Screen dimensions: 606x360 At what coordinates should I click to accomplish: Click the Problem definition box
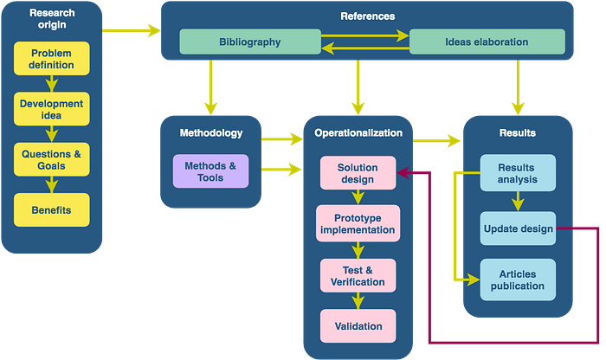pyautogui.click(x=52, y=58)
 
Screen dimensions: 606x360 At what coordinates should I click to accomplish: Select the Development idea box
pyautogui.click(x=52, y=109)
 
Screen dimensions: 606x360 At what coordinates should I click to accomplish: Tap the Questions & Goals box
pyautogui.click(x=52, y=159)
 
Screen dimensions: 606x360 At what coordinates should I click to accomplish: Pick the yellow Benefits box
pyautogui.click(x=52, y=210)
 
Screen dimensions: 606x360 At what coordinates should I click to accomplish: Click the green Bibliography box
pyautogui.click(x=250, y=42)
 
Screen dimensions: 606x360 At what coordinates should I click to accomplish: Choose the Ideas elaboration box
pyautogui.click(x=487, y=42)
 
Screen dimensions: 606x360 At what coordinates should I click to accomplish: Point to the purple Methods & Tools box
pyautogui.click(x=210, y=171)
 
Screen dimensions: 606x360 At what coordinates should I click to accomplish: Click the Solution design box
pyautogui.click(x=358, y=173)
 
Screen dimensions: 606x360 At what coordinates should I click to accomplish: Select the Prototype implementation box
pyautogui.click(x=358, y=223)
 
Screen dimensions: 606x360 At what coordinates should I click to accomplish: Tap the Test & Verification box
pyautogui.click(x=358, y=275)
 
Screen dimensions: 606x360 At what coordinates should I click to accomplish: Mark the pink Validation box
pyautogui.click(x=358, y=326)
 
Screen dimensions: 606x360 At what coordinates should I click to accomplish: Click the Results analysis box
pyautogui.click(x=518, y=173)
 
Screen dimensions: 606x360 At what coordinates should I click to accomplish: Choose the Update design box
pyautogui.click(x=518, y=228)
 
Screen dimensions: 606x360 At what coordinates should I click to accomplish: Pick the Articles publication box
pyautogui.click(x=518, y=280)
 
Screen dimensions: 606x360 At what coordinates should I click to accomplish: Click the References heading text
pyautogui.click(x=368, y=16)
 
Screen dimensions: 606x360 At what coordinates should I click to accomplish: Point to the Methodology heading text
pyautogui.click(x=211, y=133)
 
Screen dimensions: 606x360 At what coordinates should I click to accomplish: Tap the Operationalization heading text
pyautogui.click(x=358, y=133)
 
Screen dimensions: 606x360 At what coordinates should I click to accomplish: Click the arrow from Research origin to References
pyautogui.click(x=132, y=30)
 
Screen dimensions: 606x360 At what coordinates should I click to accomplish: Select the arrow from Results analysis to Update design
pyautogui.click(x=518, y=202)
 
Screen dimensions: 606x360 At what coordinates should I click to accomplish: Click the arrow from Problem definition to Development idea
pyautogui.click(x=52, y=83)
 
